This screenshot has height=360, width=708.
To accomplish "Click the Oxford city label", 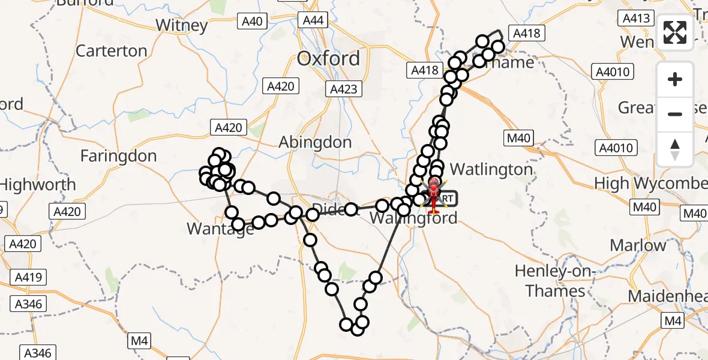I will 329,59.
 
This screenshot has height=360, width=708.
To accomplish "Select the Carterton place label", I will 112,51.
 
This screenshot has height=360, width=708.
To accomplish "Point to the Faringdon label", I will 118,157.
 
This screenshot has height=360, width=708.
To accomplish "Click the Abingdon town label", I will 315,143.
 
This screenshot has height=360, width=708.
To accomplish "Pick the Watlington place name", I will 491,170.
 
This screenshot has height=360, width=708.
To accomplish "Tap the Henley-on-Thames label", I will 555,281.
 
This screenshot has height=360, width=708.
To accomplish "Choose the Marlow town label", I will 638,245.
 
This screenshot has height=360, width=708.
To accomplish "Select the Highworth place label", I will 38,185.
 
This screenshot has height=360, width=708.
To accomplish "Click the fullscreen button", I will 675,32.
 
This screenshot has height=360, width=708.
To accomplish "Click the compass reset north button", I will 675,149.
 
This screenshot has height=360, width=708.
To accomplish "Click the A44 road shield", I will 313,21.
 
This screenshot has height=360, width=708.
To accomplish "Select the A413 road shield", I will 637,19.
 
